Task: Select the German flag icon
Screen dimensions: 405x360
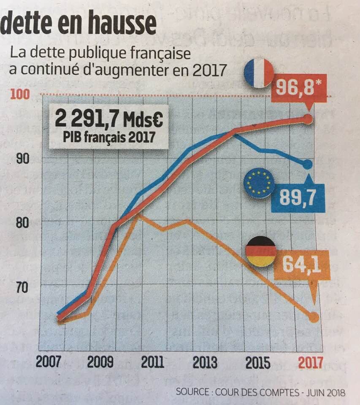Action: pos(261,251)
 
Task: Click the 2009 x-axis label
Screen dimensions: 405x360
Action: pos(100,362)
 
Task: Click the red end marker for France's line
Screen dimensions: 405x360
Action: pos(308,119)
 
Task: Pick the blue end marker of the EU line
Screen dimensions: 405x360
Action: pos(308,164)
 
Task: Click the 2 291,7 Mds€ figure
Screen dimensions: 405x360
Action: pos(108,119)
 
